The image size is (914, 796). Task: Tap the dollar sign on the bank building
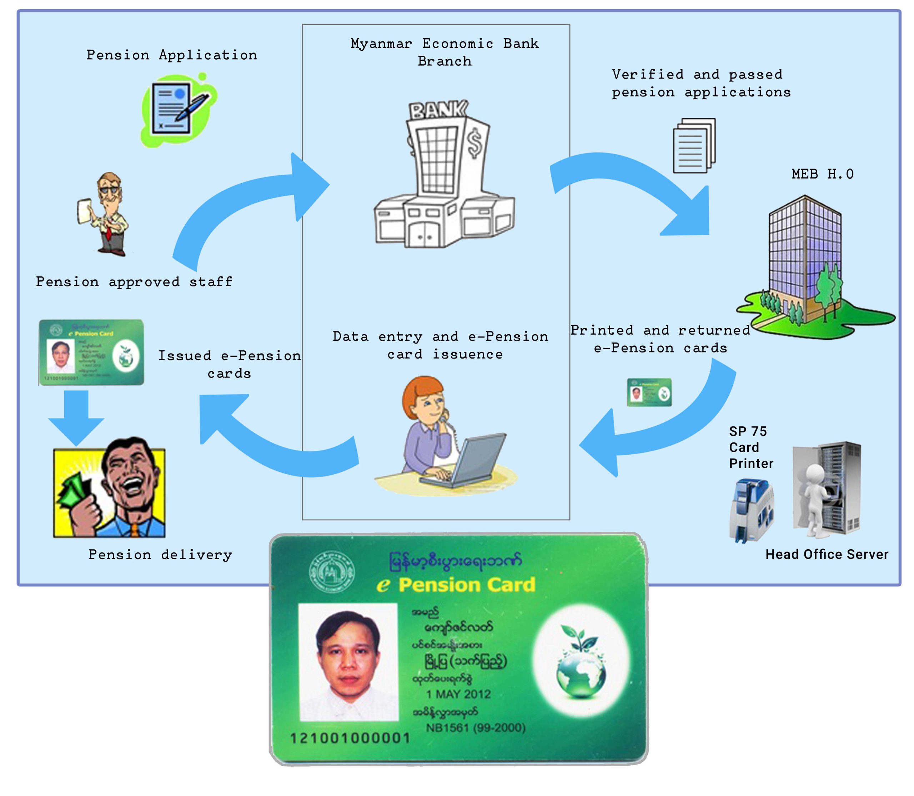(x=475, y=142)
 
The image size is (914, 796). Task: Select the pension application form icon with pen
(x=178, y=110)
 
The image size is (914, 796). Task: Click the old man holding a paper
(x=105, y=213)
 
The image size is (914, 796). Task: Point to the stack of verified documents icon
(x=694, y=145)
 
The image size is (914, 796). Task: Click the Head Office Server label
(x=827, y=554)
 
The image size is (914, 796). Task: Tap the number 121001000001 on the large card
(x=350, y=738)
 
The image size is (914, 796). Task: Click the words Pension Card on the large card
(x=466, y=585)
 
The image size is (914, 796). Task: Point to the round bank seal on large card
(x=332, y=573)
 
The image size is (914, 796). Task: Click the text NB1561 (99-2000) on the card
(x=476, y=727)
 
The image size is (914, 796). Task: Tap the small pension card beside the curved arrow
(x=649, y=392)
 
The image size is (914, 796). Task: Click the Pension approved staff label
(x=134, y=282)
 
